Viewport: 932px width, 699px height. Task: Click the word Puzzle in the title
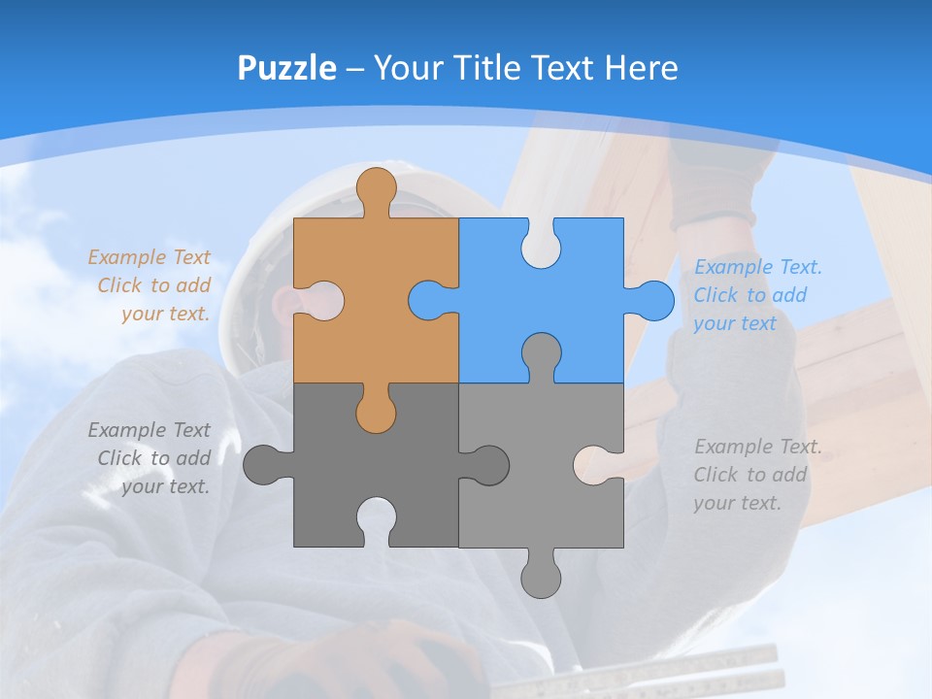tap(287, 68)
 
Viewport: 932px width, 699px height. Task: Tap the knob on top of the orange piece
tap(376, 186)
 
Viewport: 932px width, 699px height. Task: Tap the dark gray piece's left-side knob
tap(262, 465)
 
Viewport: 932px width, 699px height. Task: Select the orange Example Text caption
tap(150, 285)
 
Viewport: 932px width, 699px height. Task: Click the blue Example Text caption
tap(757, 295)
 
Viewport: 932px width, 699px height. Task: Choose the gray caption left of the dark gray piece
tap(150, 458)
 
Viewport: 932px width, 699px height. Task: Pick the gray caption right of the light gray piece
tap(757, 475)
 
